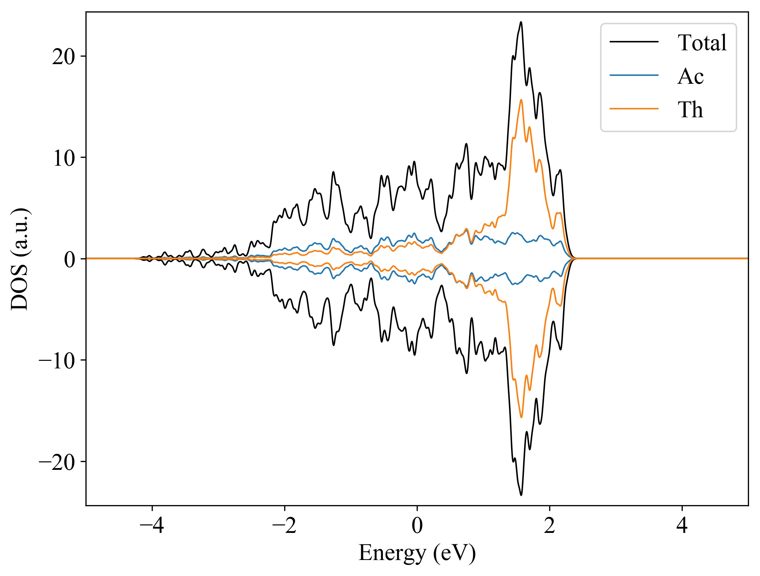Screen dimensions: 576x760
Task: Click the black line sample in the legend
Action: (x=634, y=42)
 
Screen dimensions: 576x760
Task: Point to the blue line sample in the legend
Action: (x=634, y=75)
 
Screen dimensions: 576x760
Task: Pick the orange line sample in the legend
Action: (x=634, y=109)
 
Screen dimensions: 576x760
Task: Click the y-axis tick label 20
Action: (x=64, y=57)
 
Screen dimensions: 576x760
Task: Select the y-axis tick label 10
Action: (x=64, y=158)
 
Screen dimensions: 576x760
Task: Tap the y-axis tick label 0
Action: (x=70, y=259)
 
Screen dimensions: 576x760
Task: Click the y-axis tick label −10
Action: (x=57, y=360)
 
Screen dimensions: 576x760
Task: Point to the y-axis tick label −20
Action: (x=57, y=462)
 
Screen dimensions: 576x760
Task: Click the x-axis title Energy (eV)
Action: (x=417, y=553)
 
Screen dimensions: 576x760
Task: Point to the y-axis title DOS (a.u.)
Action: (x=20, y=259)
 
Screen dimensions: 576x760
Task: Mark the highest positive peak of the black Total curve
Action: (x=521, y=22)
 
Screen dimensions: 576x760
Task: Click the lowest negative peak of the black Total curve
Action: (x=521, y=495)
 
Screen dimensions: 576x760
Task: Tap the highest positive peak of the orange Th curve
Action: (x=521, y=100)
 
